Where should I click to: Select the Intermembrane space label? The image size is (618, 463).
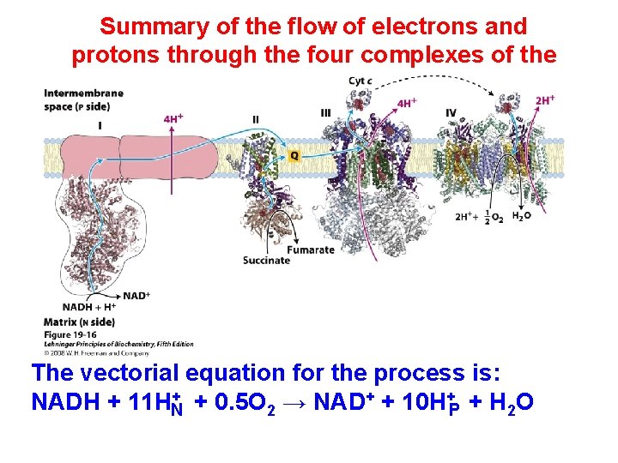(x=83, y=99)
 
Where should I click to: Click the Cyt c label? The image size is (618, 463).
(x=360, y=81)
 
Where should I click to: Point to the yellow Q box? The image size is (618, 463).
(x=294, y=156)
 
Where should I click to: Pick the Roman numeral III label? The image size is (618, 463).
(x=325, y=112)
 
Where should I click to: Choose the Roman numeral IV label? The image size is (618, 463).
(x=451, y=112)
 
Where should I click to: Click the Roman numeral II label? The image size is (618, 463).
(x=256, y=117)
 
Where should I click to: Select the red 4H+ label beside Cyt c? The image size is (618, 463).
(x=408, y=104)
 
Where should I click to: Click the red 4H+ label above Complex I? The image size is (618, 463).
(x=173, y=118)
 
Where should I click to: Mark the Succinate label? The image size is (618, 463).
(x=266, y=261)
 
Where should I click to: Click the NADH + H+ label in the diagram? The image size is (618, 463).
(x=89, y=307)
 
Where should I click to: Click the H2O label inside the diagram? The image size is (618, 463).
(x=521, y=216)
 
